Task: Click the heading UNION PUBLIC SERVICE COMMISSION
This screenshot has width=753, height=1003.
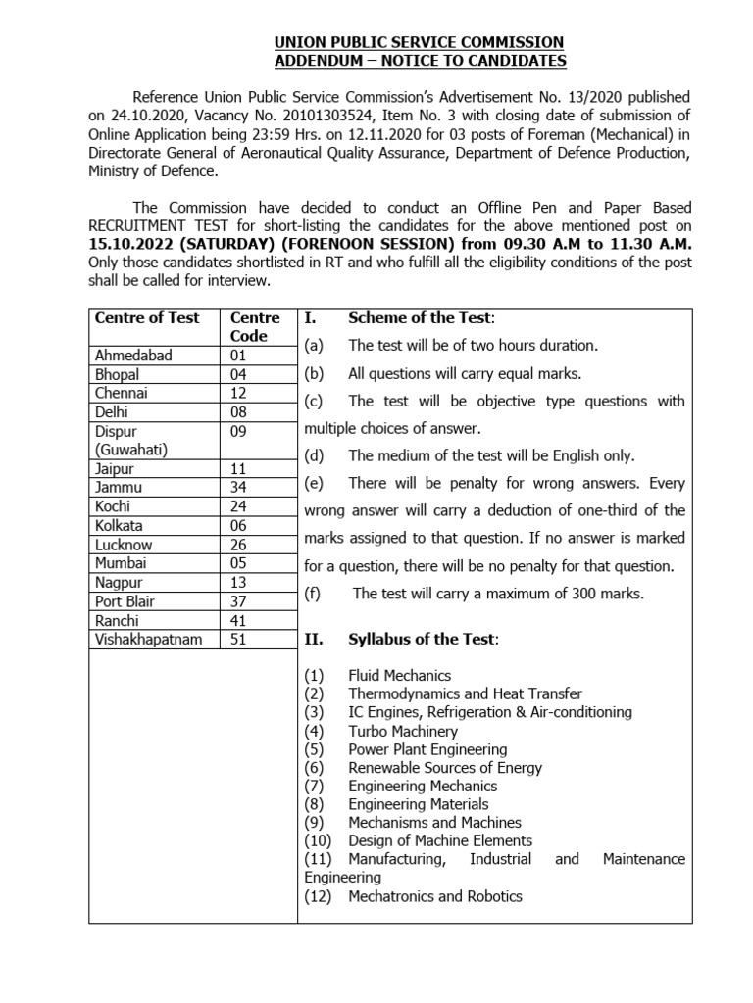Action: (x=419, y=42)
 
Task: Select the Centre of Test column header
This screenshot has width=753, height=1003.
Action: (x=147, y=317)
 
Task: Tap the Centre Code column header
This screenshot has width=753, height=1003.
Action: (x=255, y=326)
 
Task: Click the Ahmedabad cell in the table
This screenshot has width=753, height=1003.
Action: (x=133, y=356)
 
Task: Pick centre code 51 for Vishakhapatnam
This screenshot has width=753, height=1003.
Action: (x=239, y=639)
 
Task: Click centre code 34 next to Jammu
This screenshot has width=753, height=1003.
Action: (x=239, y=488)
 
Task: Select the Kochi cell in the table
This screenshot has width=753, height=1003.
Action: (x=113, y=506)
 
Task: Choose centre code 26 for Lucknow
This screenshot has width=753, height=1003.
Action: (x=239, y=545)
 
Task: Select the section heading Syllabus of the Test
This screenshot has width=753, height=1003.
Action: (x=423, y=639)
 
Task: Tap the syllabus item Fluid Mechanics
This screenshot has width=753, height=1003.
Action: (x=399, y=675)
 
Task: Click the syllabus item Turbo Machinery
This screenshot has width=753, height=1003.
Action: (x=402, y=731)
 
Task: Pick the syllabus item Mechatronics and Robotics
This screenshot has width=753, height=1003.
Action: (x=434, y=896)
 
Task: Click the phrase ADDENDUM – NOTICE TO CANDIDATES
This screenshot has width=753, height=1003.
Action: (x=419, y=61)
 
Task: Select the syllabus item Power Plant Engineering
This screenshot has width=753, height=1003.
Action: (x=427, y=749)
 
